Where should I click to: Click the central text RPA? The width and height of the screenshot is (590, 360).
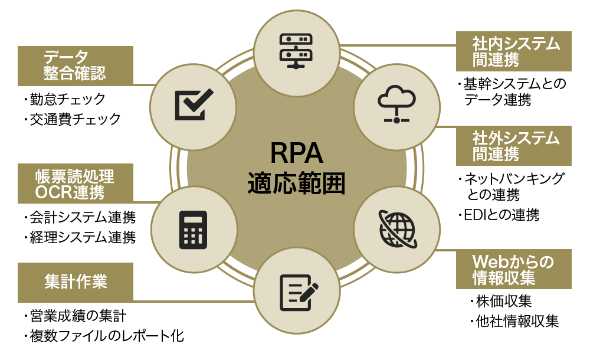[x=296, y=153]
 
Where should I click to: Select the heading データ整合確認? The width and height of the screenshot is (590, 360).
[x=75, y=65]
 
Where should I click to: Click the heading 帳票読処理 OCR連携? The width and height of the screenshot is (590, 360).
[x=75, y=184]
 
